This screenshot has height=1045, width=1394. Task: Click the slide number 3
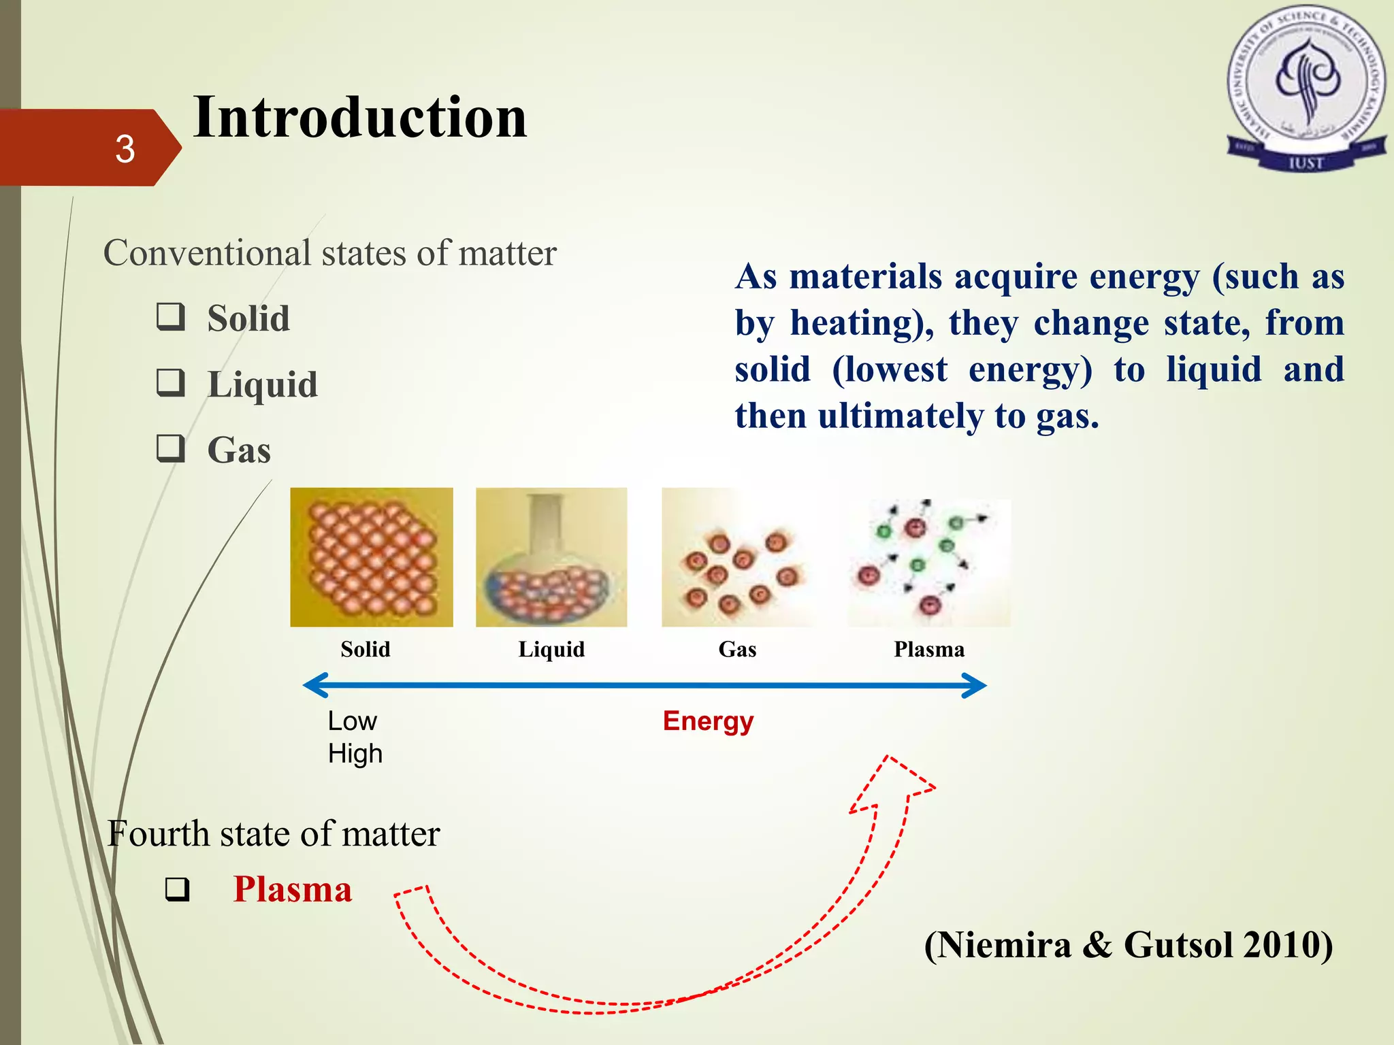(x=125, y=149)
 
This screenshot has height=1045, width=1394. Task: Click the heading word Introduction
(x=359, y=117)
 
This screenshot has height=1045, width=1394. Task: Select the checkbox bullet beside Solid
(x=170, y=317)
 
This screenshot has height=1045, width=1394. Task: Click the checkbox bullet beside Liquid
(x=170, y=383)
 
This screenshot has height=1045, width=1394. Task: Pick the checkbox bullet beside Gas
(x=170, y=449)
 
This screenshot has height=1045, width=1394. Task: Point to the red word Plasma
(x=293, y=889)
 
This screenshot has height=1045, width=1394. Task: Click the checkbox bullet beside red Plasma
(x=177, y=890)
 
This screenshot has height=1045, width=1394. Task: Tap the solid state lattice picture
(x=371, y=557)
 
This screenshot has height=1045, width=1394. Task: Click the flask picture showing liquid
(x=551, y=557)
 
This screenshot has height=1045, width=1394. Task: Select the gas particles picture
(x=738, y=557)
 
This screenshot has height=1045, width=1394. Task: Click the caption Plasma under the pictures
(x=929, y=650)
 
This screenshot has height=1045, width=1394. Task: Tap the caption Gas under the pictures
(x=737, y=650)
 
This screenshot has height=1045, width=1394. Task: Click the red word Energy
(x=708, y=721)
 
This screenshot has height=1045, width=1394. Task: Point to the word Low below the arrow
(x=352, y=721)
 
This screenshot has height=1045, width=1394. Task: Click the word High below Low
(x=355, y=754)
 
